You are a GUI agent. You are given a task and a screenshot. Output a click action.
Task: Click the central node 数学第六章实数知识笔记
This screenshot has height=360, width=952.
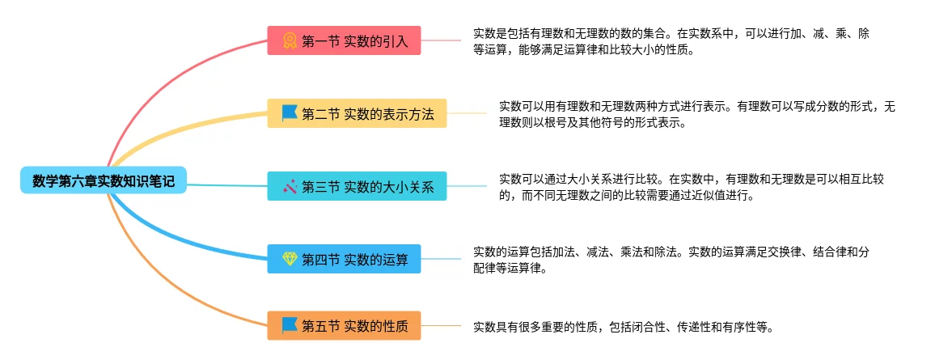pos(104,181)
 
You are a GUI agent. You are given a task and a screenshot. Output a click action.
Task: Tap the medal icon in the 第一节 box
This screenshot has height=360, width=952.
pos(290,40)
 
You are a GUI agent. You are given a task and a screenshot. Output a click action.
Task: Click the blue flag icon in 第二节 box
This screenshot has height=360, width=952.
pos(290,113)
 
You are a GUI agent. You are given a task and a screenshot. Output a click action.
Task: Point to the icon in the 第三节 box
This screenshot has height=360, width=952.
pos(290,187)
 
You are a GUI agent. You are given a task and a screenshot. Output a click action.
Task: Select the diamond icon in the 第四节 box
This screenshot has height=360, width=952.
pos(290,259)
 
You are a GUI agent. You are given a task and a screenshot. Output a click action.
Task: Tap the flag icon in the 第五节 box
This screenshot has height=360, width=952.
pos(290,326)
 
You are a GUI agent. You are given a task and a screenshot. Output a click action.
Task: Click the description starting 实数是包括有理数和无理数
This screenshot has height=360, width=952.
pos(671,41)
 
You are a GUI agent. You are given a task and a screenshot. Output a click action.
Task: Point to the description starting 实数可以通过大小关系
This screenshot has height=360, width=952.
pos(691,187)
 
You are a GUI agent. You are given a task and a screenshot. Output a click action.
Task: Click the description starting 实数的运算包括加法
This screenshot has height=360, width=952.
pos(671,259)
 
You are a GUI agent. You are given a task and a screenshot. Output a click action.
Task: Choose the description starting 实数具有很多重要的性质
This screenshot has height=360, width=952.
pos(624,327)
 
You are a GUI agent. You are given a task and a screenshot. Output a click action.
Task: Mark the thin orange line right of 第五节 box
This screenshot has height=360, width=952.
pos(441,326)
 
